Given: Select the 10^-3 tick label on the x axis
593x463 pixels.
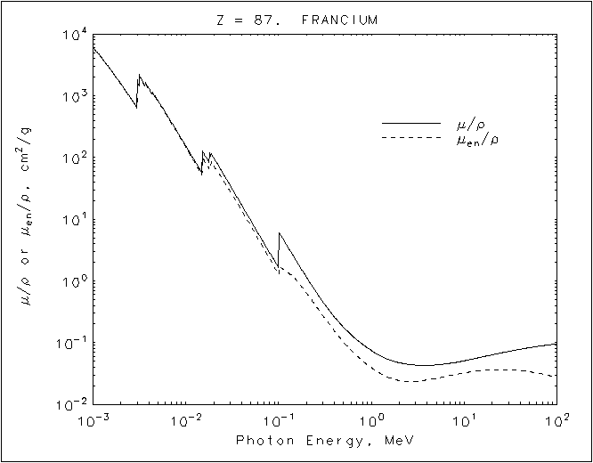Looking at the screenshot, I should pos(92,420).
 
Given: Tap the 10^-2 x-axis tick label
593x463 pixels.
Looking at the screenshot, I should pos(185,420).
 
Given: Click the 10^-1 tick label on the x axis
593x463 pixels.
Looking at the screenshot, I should pos(278,420).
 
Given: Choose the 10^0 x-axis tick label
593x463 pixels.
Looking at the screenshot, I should pos(371,420).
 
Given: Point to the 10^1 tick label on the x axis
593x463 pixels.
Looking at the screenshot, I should pos(464,420).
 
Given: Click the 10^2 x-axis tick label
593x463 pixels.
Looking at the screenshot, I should pos(556,420).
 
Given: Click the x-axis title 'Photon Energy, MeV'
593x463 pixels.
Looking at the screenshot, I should pos(324,442).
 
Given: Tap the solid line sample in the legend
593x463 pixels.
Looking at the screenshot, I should pos(410,122).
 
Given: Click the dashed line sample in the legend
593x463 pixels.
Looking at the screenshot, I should pos(410,138).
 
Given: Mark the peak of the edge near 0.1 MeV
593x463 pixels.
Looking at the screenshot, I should pos(280,233).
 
